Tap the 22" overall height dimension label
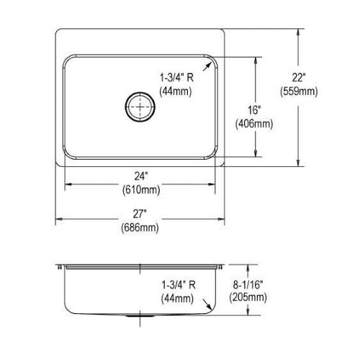point(299,78)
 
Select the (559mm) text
point(299,91)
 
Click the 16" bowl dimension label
point(254,110)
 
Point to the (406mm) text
point(254,124)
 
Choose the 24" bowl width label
point(141,176)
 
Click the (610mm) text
point(141,190)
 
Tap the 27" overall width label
point(140,214)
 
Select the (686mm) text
point(140,228)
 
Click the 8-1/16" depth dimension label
point(248,285)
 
